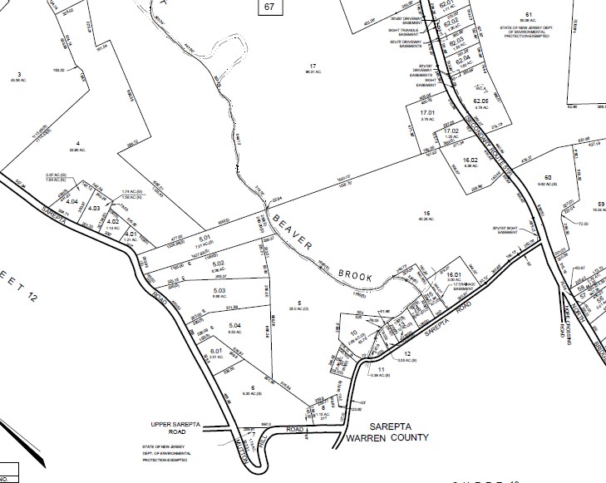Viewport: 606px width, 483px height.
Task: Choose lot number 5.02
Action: [218, 264]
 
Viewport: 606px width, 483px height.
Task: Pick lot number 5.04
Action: [234, 325]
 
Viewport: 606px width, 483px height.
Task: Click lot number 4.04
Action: [71, 201]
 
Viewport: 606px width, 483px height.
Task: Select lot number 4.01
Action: [130, 234]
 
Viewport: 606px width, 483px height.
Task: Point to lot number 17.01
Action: [427, 112]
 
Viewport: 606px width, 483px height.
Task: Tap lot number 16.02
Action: [470, 160]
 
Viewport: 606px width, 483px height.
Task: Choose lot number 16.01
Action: [454, 274]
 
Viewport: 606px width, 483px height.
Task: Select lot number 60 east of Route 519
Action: [548, 177]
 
